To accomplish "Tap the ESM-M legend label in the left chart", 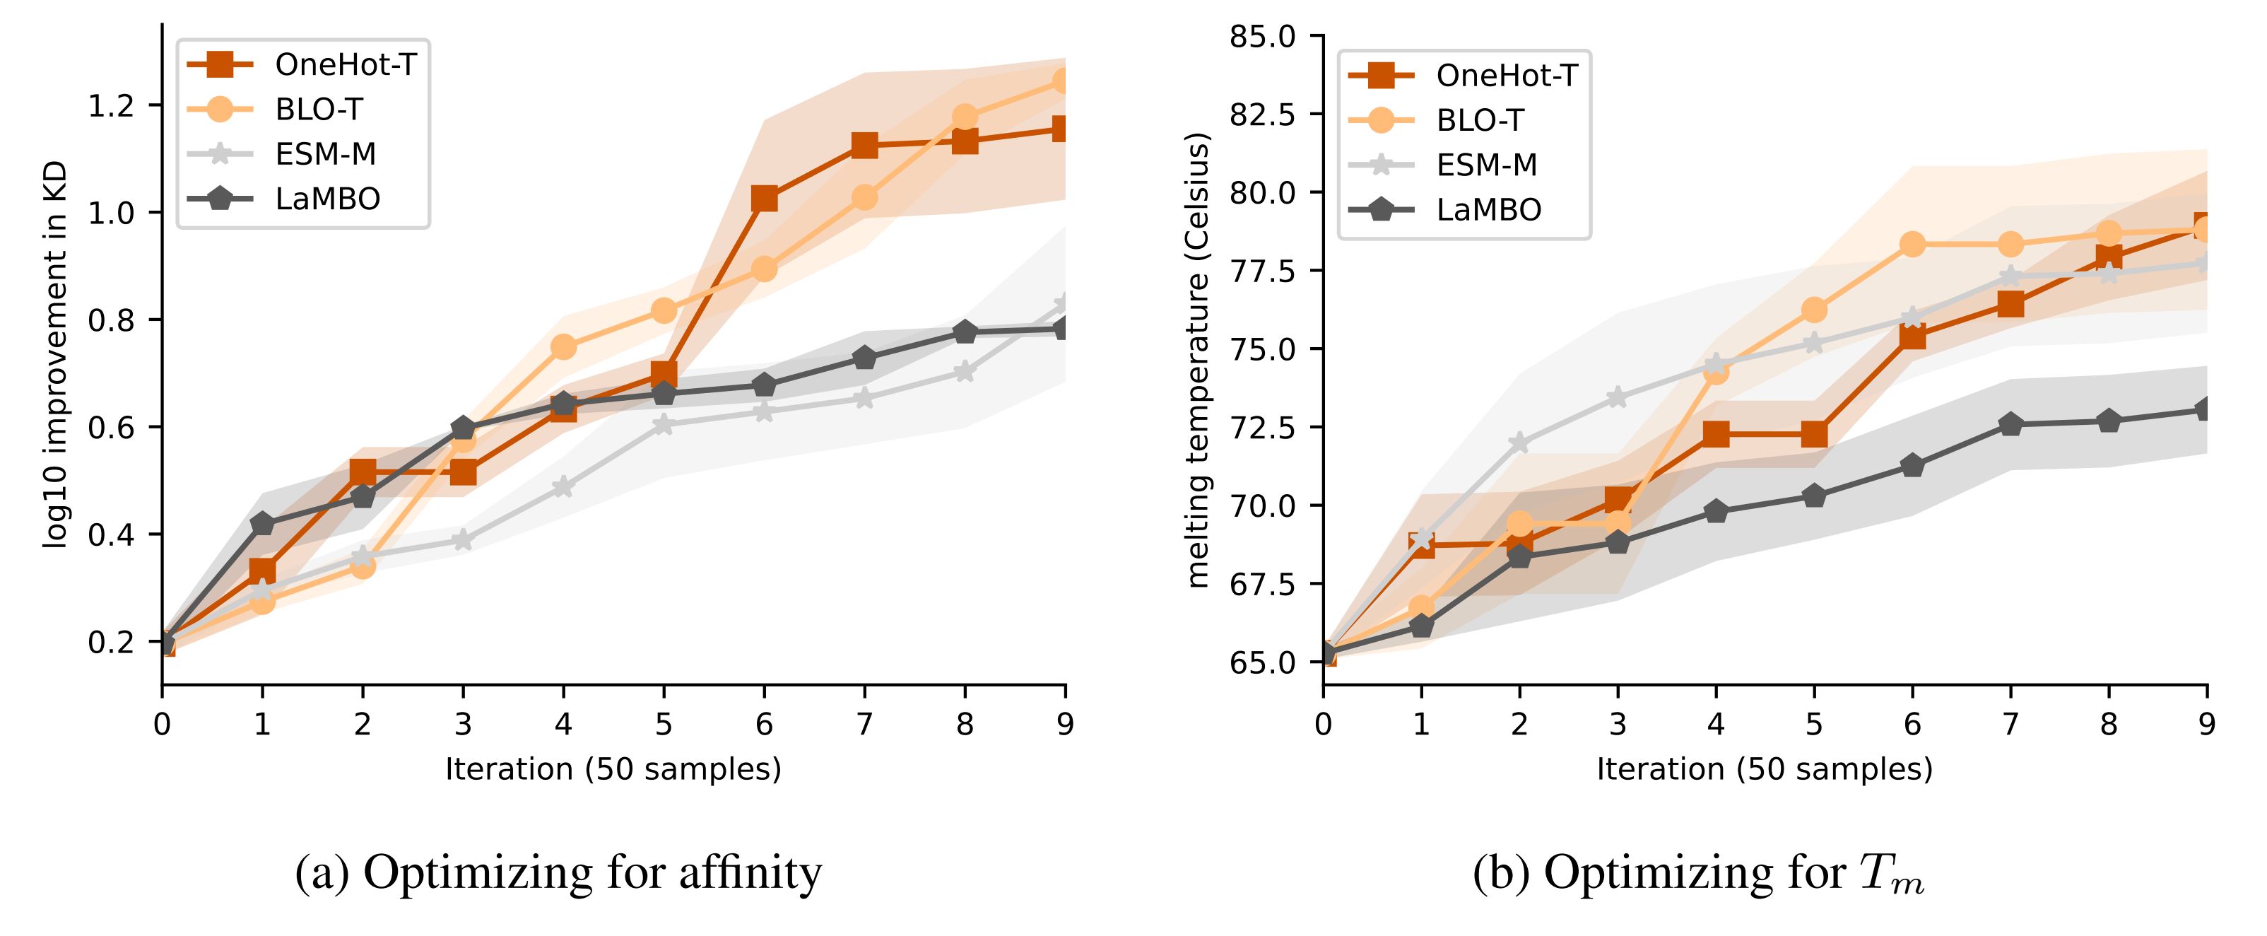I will tap(326, 154).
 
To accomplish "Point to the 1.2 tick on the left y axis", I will tap(111, 105).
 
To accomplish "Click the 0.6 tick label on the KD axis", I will tap(111, 428).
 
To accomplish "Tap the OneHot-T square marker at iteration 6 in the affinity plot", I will tap(764, 198).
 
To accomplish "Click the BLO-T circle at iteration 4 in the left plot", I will tap(563, 347).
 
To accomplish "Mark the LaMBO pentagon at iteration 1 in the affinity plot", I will tap(262, 525).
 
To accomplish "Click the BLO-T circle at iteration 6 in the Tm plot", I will tap(1912, 244).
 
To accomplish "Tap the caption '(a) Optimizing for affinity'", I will tap(558, 874).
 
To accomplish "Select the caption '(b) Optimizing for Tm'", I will tap(1699, 874).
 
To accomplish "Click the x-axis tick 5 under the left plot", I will tap(664, 724).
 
